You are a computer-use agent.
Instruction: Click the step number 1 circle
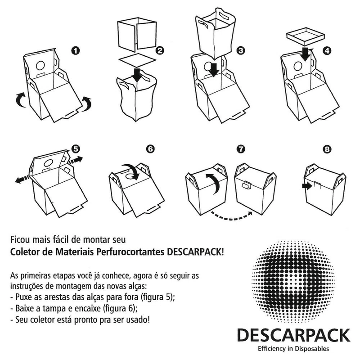75,50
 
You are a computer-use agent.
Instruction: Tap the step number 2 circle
160,50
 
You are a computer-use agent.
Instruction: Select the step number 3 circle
241,50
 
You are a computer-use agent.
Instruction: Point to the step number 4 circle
327,51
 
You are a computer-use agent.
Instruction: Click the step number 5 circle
76,149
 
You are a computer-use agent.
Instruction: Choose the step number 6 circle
150,149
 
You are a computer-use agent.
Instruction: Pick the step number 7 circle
241,149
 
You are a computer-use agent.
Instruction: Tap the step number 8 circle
327,149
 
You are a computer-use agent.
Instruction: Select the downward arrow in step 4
306,54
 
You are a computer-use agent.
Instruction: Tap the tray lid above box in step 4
306,36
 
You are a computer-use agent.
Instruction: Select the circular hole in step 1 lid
40,66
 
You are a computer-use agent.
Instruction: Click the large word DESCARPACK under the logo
294,335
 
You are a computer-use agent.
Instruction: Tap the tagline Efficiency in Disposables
293,348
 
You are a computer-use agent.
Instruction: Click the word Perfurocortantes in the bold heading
130,252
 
